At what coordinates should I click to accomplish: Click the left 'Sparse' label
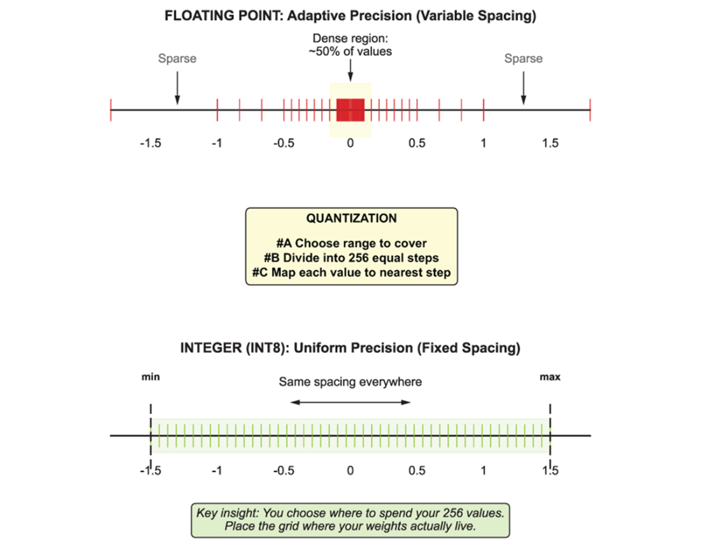177,59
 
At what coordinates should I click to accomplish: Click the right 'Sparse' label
523,59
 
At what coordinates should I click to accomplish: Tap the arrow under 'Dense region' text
350,70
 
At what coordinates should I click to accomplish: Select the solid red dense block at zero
350,110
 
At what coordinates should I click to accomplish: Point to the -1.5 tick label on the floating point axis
150,144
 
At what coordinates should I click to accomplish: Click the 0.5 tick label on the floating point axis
417,144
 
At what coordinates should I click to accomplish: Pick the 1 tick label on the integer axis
483,471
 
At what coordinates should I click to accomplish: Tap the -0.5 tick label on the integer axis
284,471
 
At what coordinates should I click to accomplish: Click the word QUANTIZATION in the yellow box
351,218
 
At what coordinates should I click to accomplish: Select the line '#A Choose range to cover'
351,243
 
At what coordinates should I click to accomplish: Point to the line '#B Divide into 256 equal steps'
351,258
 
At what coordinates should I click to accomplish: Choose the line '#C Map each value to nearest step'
351,272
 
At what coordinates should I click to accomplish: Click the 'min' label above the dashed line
150,377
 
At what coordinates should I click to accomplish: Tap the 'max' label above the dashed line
550,377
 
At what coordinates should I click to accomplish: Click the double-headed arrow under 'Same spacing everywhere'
350,403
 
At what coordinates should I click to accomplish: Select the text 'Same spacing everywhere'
350,382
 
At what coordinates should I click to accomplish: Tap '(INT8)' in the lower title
268,348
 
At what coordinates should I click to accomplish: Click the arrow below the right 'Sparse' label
523,88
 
